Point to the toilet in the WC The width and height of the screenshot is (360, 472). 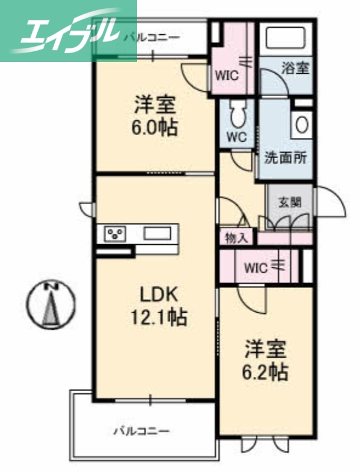[238, 114]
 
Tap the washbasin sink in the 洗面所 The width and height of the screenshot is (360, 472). [302, 125]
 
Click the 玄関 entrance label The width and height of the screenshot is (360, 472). [290, 202]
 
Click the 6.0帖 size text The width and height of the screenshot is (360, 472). [155, 127]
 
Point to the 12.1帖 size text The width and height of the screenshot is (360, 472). [158, 317]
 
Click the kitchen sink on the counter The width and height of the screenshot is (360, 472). [156, 233]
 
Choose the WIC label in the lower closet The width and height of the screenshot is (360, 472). [256, 267]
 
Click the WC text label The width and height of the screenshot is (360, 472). [237, 137]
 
